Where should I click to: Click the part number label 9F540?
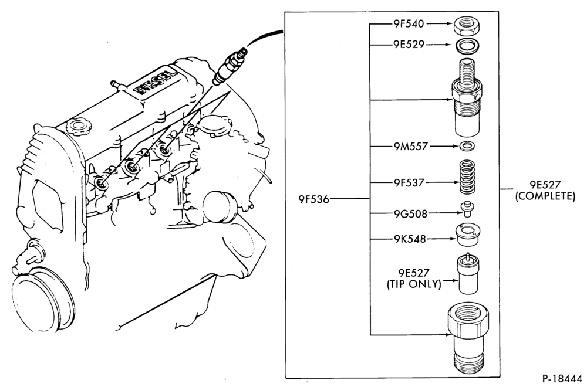409,24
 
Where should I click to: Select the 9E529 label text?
409,45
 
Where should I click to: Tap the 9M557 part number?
410,146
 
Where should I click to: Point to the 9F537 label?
409,183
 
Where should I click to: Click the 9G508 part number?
410,213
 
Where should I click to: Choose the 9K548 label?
410,239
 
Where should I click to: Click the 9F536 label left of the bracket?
313,199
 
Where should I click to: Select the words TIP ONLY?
414,284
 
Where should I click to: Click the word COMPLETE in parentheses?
545,196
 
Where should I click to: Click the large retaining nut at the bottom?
468,339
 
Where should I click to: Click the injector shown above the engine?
230,66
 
